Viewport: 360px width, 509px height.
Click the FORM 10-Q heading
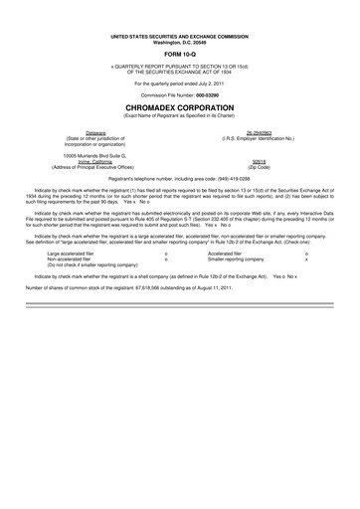[179, 54]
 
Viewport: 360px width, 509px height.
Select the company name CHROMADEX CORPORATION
[179, 103]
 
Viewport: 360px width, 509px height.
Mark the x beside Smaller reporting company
[306, 259]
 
